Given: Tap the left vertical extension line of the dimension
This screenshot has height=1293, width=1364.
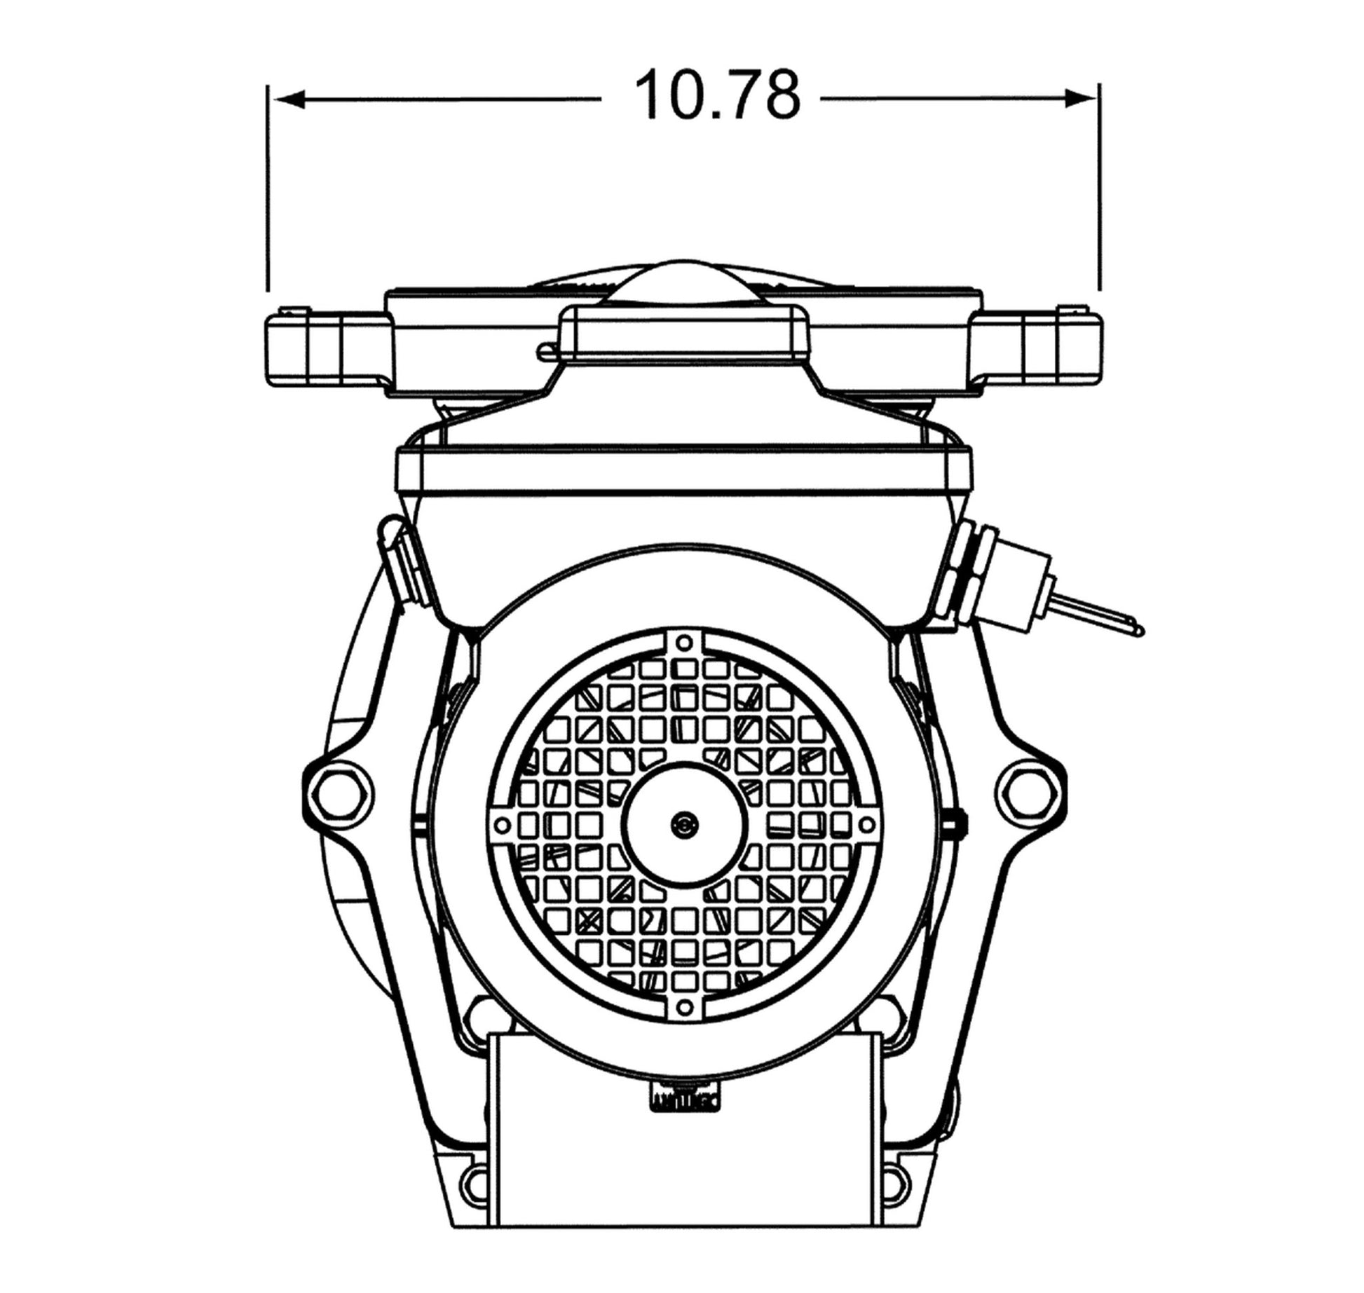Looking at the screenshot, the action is pyautogui.click(x=268, y=187).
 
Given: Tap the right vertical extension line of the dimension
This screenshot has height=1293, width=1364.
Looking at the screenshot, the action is pyautogui.click(x=1099, y=187).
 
